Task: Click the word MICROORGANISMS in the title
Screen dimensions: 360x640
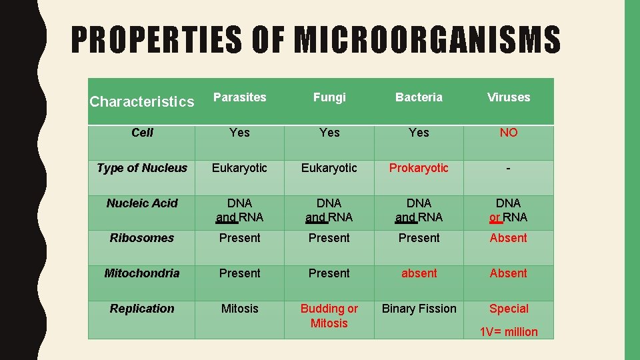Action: (x=427, y=40)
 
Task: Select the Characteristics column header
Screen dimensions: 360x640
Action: (x=142, y=102)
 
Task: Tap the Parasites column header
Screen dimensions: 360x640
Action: (x=239, y=97)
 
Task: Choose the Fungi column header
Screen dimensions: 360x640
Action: (x=329, y=97)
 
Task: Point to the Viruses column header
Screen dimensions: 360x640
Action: (x=509, y=97)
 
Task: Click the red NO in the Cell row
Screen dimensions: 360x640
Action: (x=509, y=133)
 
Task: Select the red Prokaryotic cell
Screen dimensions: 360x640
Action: (x=419, y=168)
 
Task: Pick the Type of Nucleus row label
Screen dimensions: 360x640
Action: (x=142, y=168)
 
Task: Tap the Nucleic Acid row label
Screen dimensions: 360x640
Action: (x=142, y=203)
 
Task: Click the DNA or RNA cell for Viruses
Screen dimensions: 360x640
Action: (x=509, y=210)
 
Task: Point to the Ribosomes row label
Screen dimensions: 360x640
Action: (x=142, y=238)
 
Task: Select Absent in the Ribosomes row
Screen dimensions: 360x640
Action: (x=509, y=238)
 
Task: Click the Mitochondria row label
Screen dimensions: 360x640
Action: (x=142, y=273)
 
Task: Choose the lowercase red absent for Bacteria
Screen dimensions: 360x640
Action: (x=419, y=273)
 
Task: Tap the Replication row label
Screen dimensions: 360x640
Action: (x=142, y=309)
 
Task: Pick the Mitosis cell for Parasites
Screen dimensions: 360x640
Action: (x=239, y=309)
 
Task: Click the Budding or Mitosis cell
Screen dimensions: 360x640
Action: (x=329, y=316)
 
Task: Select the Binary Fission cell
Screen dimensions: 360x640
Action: (x=419, y=309)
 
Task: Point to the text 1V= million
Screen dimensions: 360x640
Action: (x=509, y=332)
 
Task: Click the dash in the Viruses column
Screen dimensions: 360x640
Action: (x=509, y=169)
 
